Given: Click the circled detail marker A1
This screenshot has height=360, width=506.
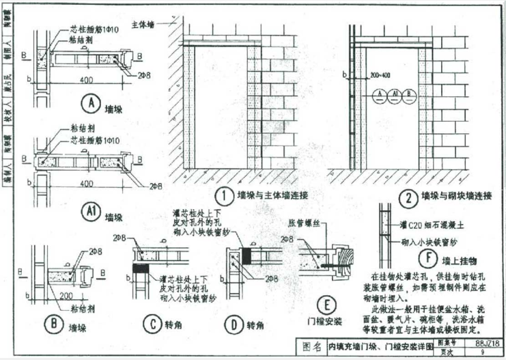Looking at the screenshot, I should click(89, 212).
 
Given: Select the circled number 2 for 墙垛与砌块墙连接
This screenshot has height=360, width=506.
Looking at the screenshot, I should click(408, 199).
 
